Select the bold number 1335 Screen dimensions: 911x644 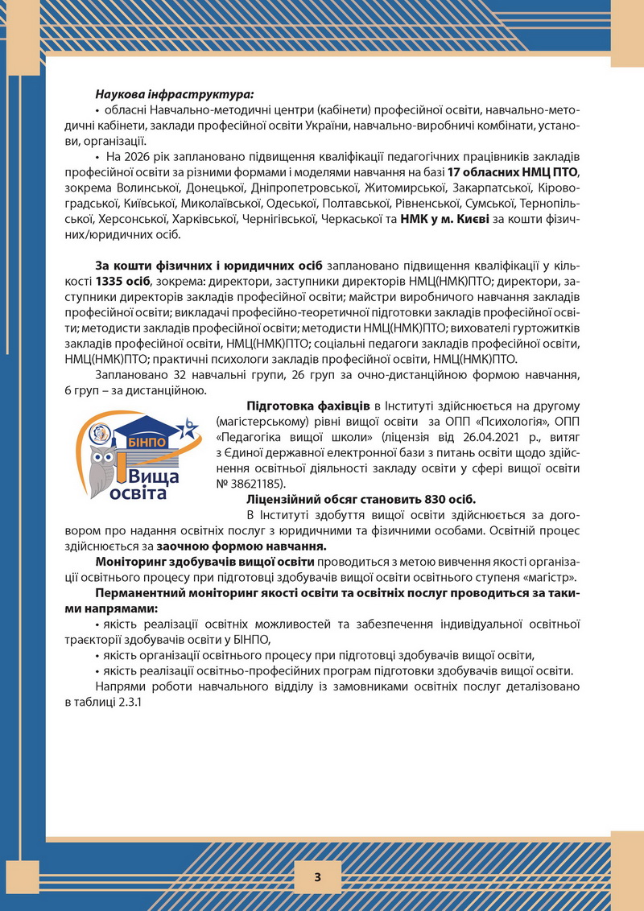tap(110, 282)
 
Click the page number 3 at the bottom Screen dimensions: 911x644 tap(317, 876)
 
